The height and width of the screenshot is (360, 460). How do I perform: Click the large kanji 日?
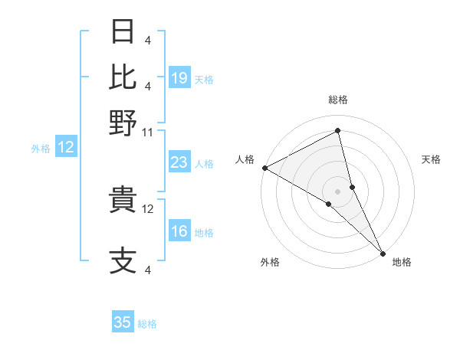(124, 32)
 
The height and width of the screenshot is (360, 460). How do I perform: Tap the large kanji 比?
(124, 77)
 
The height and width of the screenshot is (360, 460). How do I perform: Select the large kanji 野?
(124, 122)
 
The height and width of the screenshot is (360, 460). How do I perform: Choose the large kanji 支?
(124, 260)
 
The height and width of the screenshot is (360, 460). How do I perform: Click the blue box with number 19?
(179, 78)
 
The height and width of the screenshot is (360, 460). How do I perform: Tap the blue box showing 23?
(179, 163)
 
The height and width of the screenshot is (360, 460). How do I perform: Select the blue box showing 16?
(179, 232)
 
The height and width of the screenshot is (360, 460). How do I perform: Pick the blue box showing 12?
(66, 148)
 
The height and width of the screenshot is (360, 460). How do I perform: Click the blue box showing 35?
(123, 322)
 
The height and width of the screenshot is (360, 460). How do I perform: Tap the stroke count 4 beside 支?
(147, 269)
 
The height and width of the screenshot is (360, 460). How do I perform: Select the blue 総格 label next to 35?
(148, 324)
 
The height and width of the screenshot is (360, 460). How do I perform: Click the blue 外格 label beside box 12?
(41, 149)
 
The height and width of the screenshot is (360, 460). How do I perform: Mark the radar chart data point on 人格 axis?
(264, 168)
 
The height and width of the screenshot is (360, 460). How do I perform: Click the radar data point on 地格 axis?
(383, 252)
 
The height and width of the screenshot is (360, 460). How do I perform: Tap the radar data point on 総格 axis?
(338, 131)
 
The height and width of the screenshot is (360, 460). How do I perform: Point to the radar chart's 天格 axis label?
(431, 159)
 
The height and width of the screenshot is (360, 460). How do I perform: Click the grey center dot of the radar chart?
(338, 191)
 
